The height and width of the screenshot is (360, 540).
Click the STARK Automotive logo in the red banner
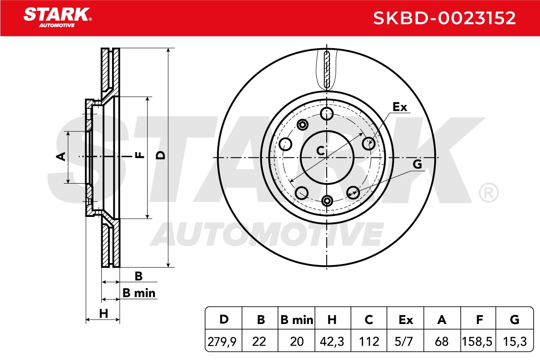coord(58,18)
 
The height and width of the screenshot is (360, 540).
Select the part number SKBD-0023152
coord(444,18)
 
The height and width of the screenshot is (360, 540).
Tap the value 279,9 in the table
coord(222,342)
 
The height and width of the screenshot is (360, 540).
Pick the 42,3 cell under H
coord(332,342)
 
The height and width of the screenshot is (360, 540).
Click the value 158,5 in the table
coord(477,342)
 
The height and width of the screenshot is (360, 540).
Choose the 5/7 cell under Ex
coord(404,342)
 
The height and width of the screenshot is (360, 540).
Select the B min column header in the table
coord(297,320)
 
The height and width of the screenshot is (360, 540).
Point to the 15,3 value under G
coord(515,342)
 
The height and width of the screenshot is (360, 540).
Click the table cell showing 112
coord(369,342)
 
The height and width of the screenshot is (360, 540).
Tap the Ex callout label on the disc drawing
coord(400,107)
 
